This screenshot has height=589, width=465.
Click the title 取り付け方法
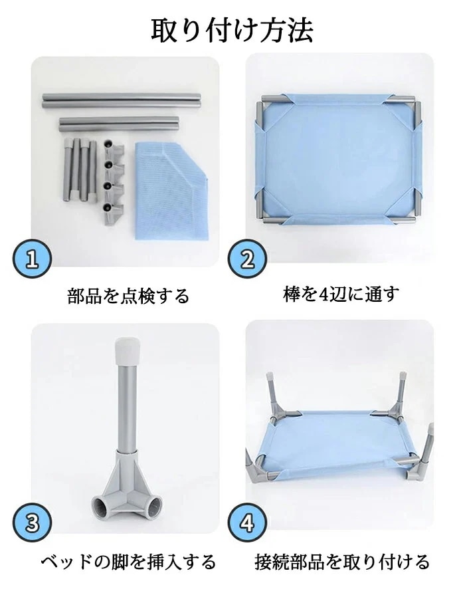point(232,30)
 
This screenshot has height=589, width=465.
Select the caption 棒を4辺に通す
point(341,294)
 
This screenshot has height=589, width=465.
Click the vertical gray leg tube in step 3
point(125,406)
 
